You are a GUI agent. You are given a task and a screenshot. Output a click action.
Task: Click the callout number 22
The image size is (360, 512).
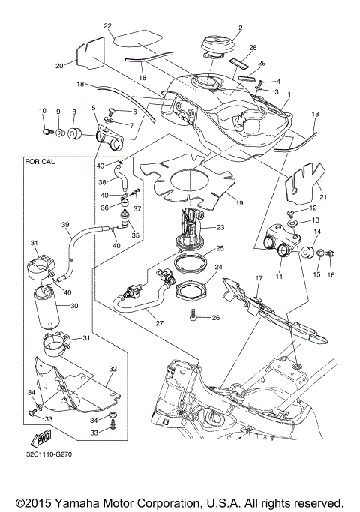(108, 26)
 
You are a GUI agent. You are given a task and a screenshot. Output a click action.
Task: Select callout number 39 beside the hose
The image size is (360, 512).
(65, 225)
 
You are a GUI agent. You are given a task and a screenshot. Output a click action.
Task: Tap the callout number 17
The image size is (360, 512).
(259, 279)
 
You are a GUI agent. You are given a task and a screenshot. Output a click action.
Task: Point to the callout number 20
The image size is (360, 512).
(59, 65)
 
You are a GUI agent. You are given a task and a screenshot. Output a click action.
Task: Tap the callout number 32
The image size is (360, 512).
(112, 369)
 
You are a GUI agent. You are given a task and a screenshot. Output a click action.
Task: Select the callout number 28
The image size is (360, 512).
(232, 46)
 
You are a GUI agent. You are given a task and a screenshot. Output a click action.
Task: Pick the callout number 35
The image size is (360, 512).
(136, 235)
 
